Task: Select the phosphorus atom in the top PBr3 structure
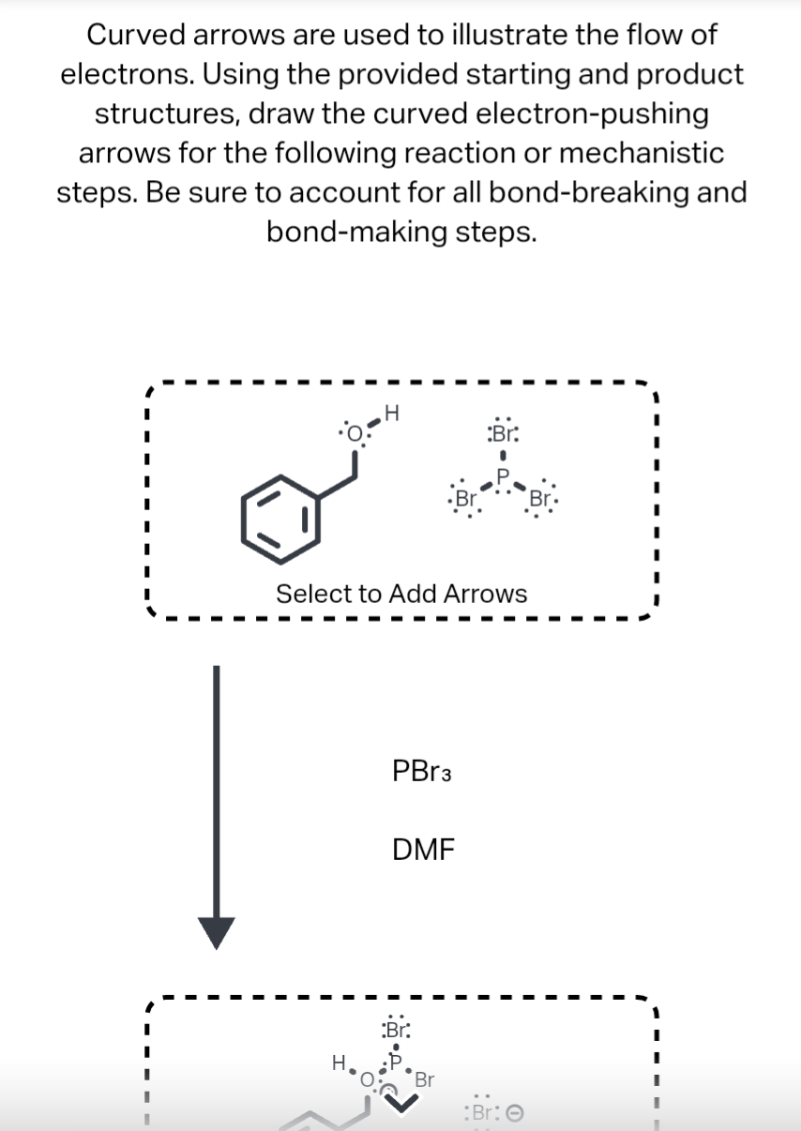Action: point(504,474)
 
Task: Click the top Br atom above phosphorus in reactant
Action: point(503,432)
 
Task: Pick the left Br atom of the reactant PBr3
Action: point(464,498)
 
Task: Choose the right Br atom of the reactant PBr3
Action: point(541,498)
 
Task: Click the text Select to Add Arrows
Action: point(400,594)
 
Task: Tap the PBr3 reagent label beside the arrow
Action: point(422,774)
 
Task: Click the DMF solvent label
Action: point(423,850)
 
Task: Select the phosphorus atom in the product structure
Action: point(396,1060)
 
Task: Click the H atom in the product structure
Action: point(338,1063)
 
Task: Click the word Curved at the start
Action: point(133,35)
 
